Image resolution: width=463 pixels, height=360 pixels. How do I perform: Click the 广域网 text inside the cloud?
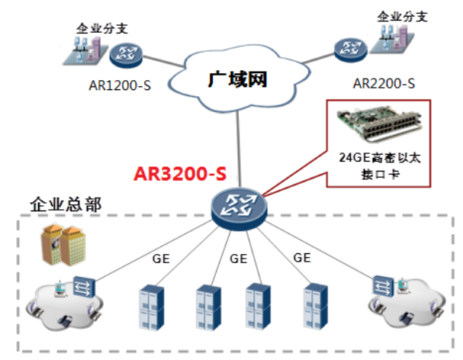click(238, 78)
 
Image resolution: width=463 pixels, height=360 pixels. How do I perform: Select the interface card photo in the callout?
click(375, 126)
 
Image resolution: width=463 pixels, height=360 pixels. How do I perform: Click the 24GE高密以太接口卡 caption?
click(375, 166)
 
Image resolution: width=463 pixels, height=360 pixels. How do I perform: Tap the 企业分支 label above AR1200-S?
click(101, 28)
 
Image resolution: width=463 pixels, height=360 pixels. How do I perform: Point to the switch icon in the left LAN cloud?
click(82, 288)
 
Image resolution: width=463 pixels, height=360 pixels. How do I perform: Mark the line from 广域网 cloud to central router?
click(238, 145)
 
